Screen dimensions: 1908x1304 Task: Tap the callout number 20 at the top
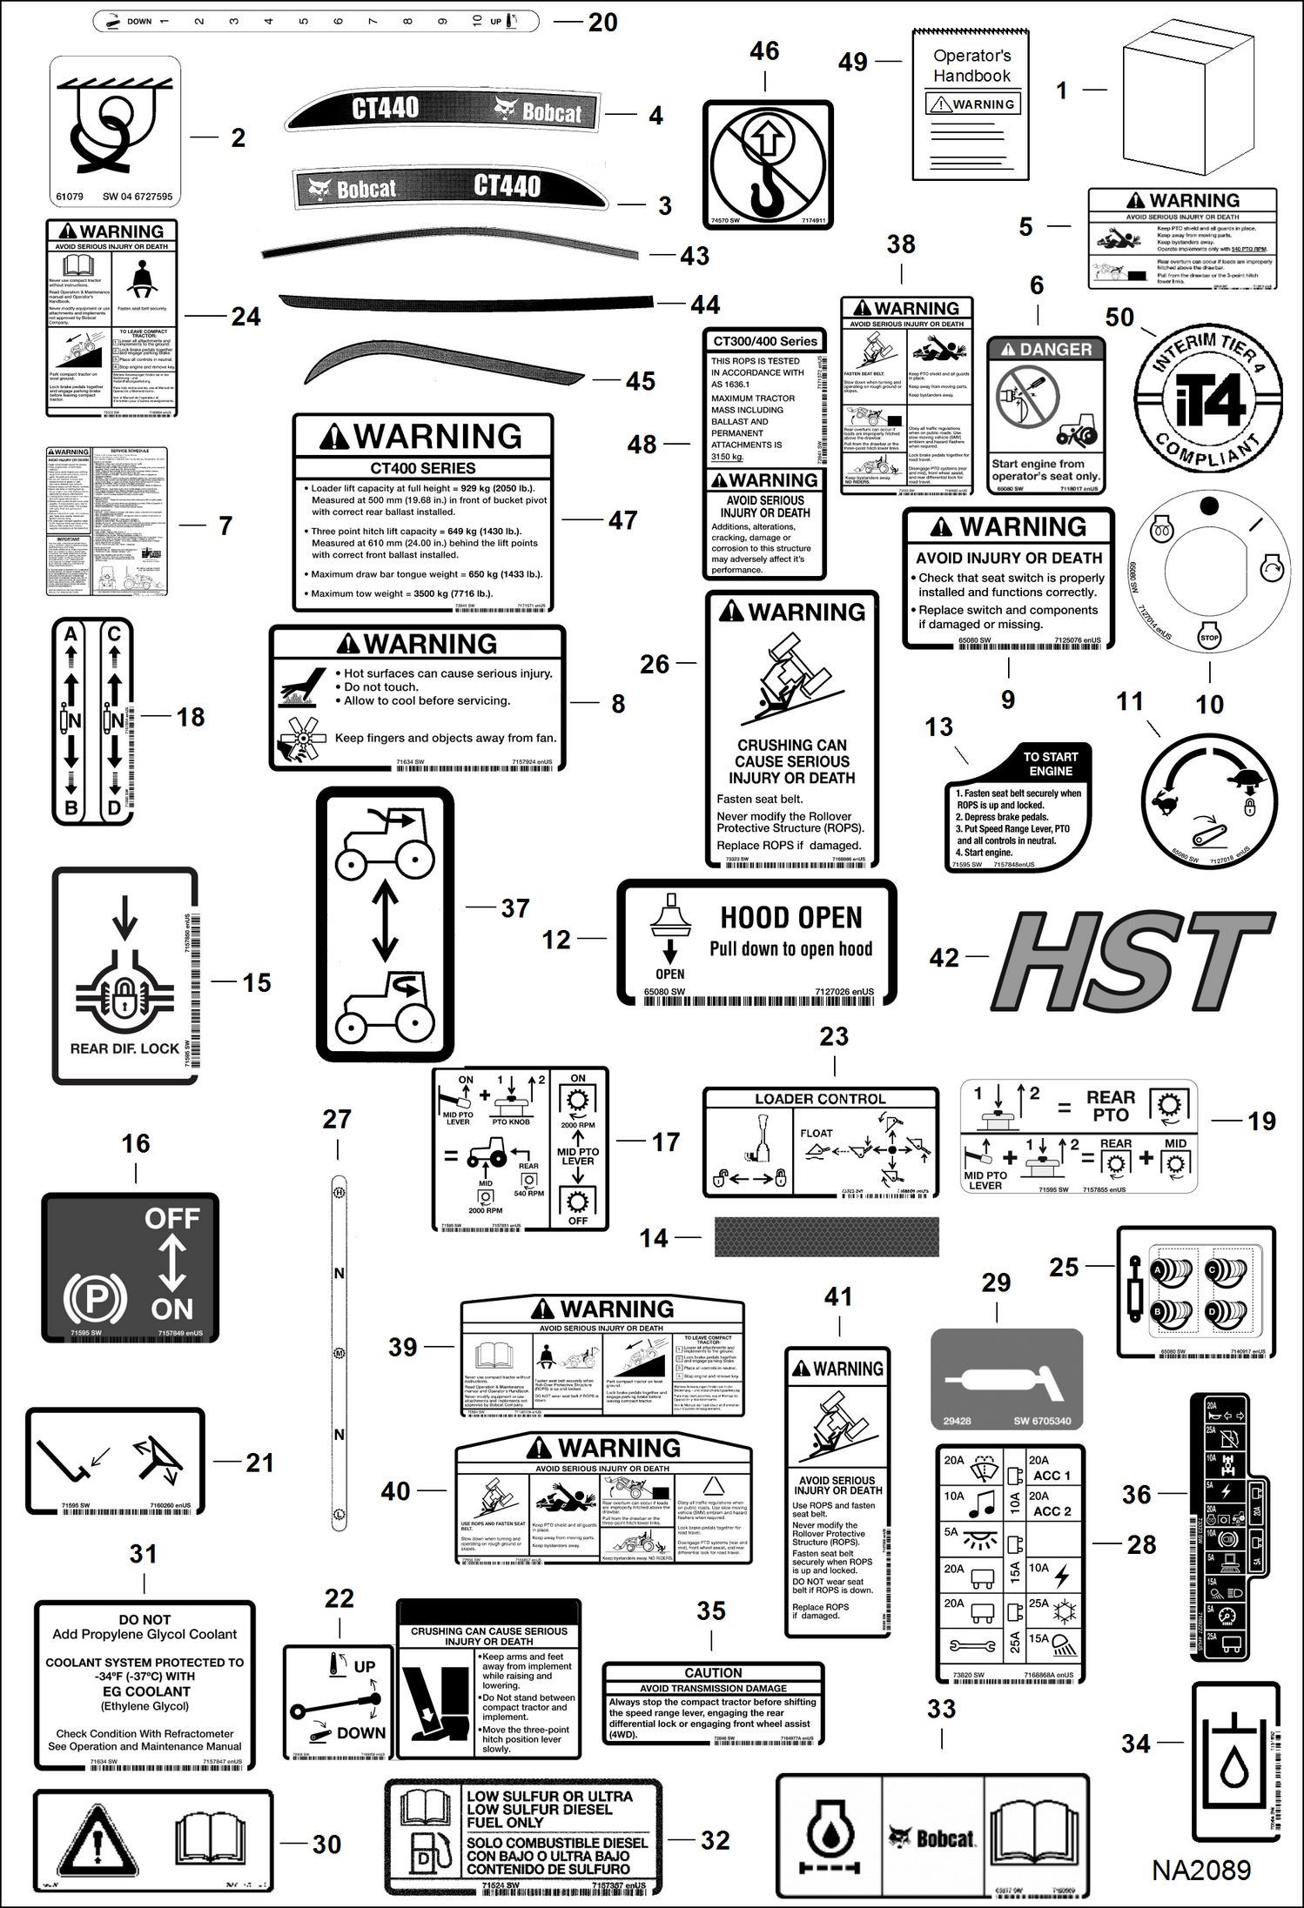(602, 23)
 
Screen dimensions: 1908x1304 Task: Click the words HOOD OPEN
(790, 918)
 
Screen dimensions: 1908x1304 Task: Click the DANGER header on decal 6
(1046, 350)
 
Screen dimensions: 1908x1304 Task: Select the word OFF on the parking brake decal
(171, 1218)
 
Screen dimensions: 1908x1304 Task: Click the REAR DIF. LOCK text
(124, 1049)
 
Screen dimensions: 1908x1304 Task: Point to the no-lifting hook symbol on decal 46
(767, 164)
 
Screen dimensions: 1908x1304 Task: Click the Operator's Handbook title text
(971, 66)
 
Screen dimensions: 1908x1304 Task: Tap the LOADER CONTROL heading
(820, 1099)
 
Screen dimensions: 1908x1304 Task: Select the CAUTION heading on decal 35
(713, 1673)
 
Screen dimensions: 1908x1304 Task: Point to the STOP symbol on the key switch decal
(1209, 638)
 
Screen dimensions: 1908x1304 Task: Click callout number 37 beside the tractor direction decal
(514, 908)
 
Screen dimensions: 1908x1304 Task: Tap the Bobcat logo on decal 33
(932, 1838)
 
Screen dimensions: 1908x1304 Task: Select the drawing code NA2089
(1201, 1870)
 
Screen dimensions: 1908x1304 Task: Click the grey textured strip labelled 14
(826, 1236)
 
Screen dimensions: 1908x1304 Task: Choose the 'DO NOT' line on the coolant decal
(145, 1620)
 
